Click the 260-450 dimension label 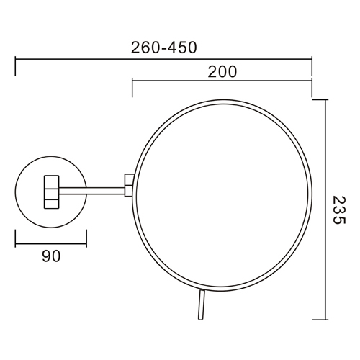[x=164, y=48]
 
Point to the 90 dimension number [x=50, y=255]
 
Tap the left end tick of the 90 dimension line [x=16, y=238]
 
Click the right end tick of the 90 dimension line [x=86, y=238]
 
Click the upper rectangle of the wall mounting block [x=52, y=179]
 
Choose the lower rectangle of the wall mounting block [x=52, y=197]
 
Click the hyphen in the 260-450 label [x=164, y=48]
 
